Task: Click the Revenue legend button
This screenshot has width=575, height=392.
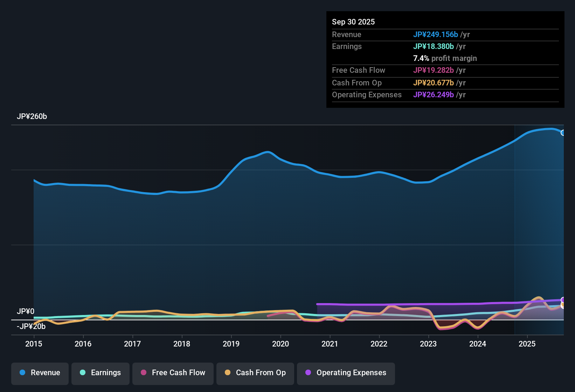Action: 40,373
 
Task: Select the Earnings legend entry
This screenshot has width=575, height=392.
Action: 101,373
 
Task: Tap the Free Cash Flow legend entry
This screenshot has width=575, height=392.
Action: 173,373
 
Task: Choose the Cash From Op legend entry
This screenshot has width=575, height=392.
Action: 255,373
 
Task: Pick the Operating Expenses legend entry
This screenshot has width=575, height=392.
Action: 346,373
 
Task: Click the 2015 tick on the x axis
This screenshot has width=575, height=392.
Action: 34,344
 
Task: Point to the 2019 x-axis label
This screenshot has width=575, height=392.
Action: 231,344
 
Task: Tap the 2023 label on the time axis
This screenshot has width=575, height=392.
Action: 428,344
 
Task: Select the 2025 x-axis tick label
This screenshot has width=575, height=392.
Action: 527,344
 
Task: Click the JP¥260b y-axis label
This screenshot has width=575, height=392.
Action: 32,117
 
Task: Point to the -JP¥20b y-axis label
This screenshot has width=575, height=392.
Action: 31,327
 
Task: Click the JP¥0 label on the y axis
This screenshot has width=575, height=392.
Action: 26,311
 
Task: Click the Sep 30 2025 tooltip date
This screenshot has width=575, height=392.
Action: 353,22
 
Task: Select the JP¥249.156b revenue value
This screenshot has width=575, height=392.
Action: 436,34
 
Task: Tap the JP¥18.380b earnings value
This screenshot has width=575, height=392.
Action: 434,46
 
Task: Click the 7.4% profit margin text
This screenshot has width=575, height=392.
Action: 445,58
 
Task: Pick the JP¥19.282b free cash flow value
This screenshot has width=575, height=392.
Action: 434,70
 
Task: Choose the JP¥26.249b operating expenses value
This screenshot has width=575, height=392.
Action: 434,94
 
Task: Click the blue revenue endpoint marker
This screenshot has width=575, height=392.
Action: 563,133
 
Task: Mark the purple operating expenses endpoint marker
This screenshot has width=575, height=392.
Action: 563,300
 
